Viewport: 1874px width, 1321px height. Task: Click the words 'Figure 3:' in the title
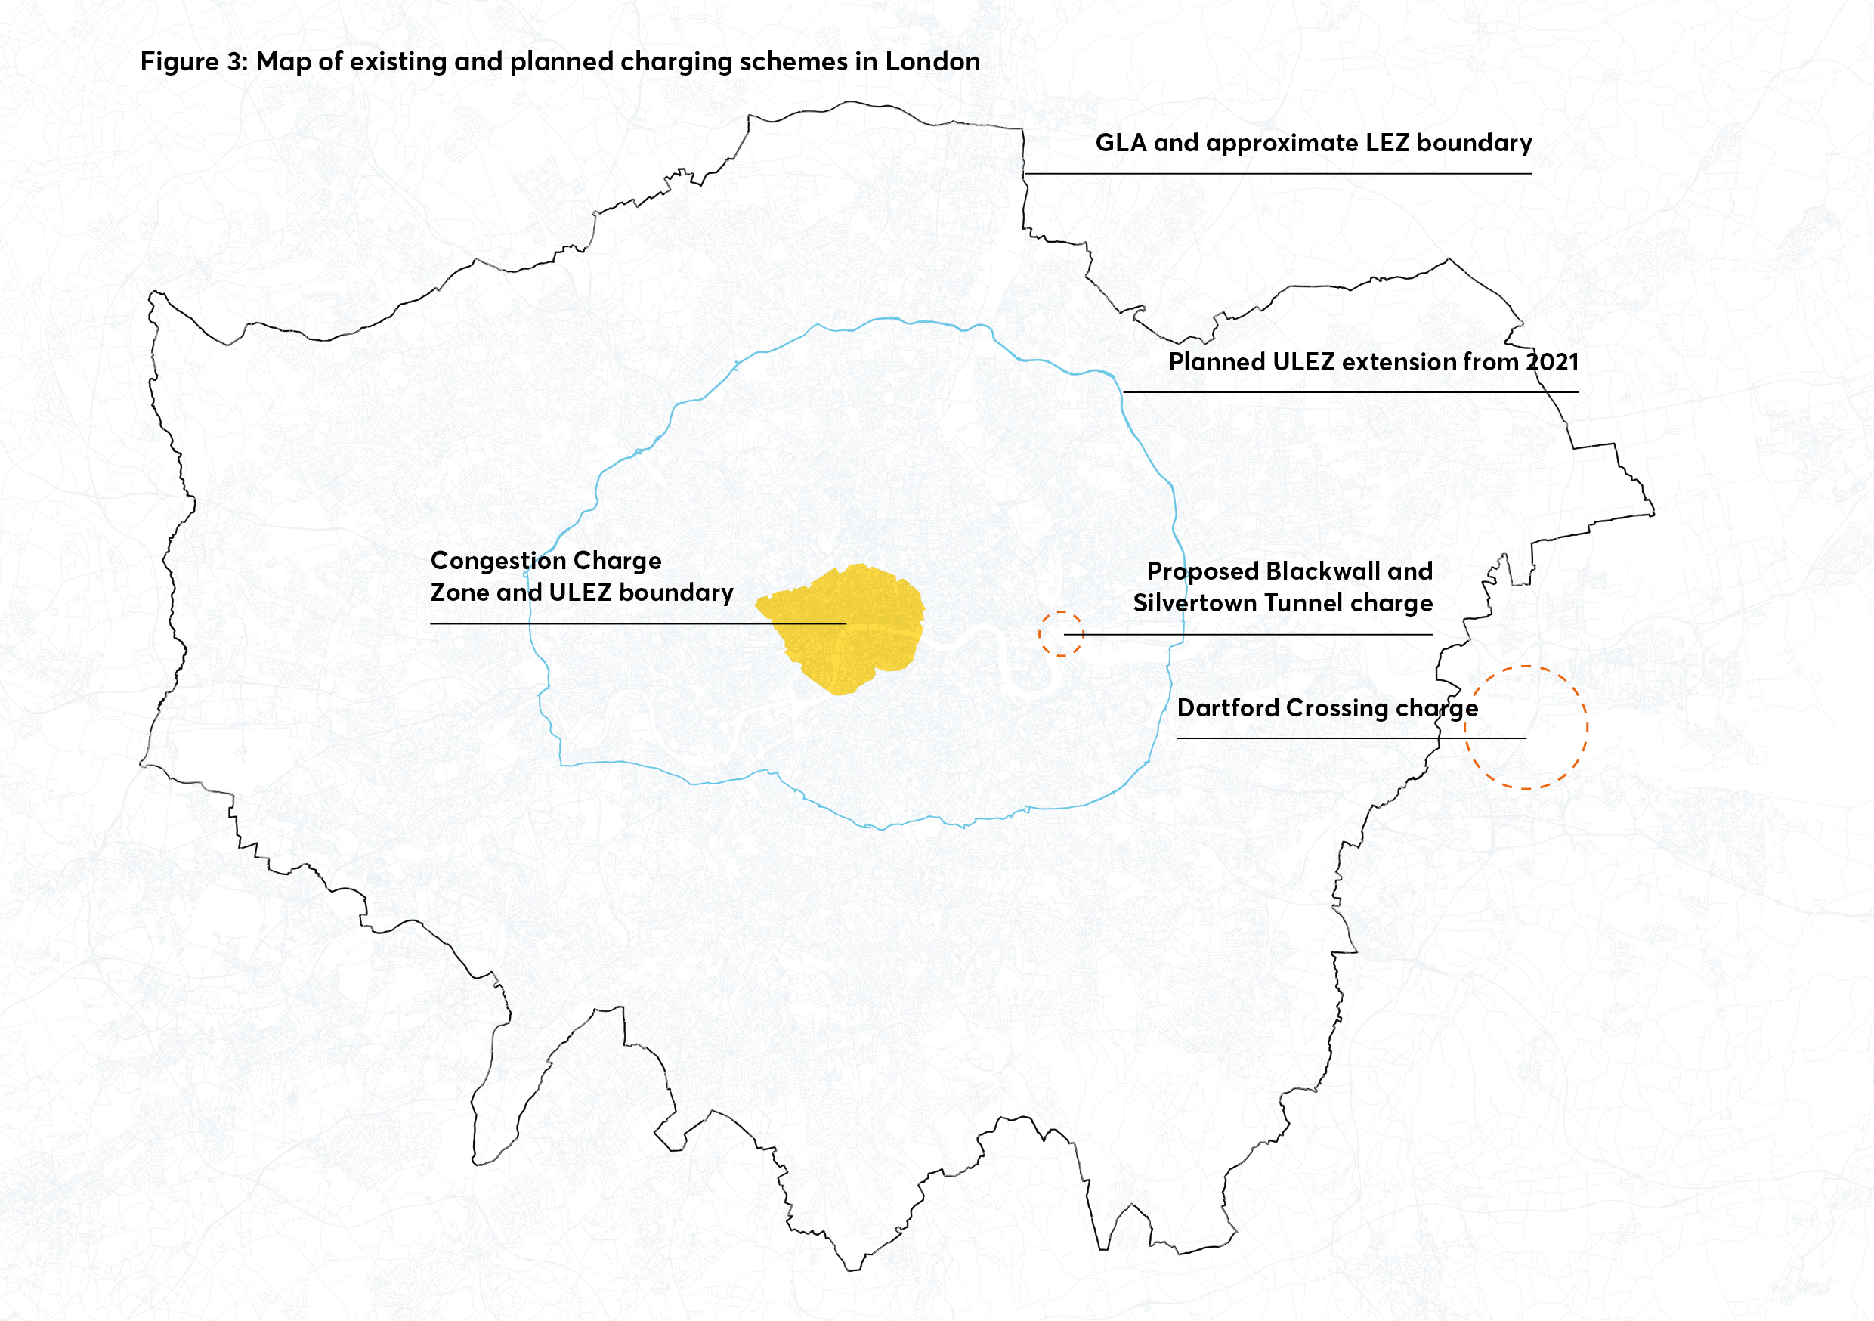(x=193, y=62)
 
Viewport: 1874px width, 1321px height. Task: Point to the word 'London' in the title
(x=932, y=62)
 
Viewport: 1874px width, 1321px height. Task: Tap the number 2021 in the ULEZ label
(x=1551, y=362)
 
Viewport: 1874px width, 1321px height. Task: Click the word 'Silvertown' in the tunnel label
(x=1194, y=603)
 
